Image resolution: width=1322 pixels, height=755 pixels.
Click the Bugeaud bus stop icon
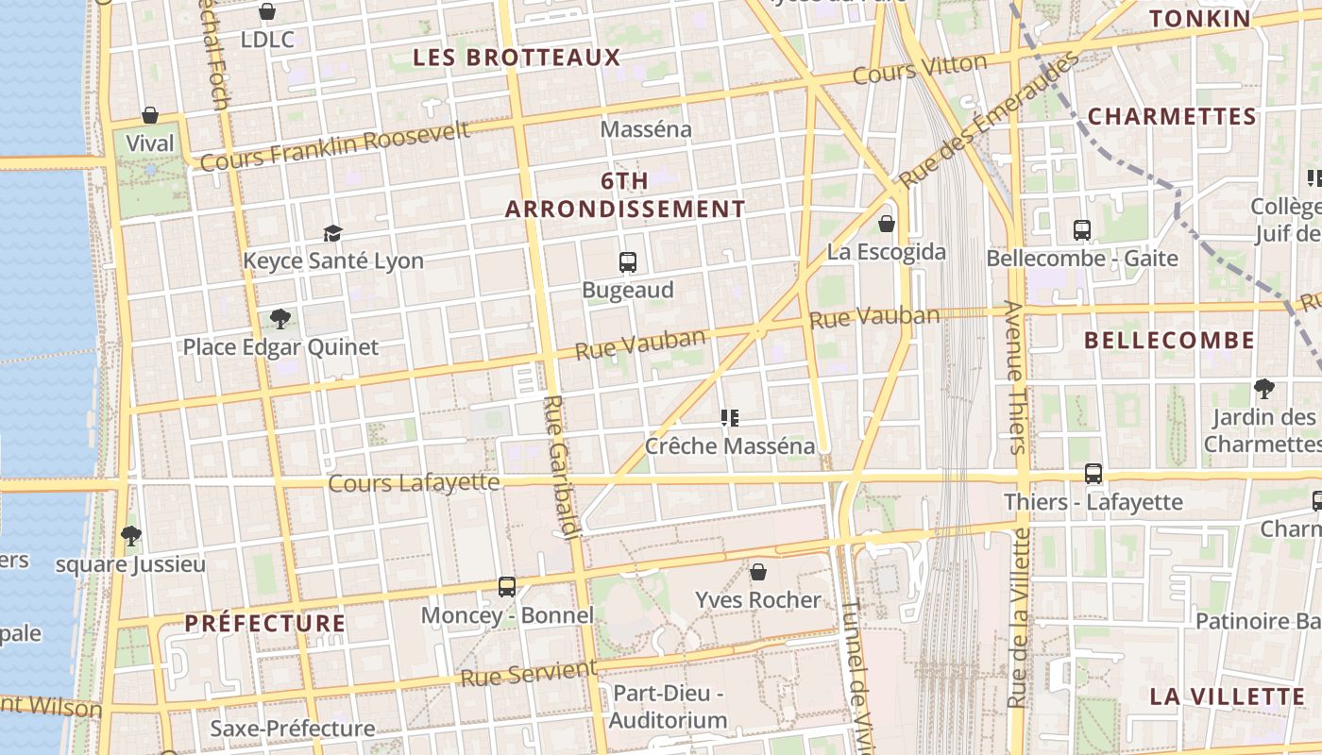[628, 261]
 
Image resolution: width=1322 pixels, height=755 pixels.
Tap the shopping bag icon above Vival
[150, 116]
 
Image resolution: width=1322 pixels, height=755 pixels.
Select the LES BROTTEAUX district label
[517, 58]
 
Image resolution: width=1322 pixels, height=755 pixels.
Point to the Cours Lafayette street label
[414, 483]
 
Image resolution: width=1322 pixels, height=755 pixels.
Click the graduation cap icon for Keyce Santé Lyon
[332, 233]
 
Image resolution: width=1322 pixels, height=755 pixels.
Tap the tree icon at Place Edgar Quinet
[280, 318]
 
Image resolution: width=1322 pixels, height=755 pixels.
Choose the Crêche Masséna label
[729, 445]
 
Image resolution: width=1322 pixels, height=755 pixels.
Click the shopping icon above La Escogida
[886, 224]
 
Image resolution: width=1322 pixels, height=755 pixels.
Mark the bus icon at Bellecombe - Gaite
[1082, 229]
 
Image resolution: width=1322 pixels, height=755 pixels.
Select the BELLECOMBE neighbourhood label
[1169, 341]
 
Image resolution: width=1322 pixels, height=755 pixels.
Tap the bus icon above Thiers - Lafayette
[1093, 474]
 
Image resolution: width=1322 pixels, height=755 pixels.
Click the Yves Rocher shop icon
[757, 572]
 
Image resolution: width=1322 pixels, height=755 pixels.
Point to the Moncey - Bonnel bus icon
[507, 587]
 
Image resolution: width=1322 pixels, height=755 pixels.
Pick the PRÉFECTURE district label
[264, 623]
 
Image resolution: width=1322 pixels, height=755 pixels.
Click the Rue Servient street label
[529, 674]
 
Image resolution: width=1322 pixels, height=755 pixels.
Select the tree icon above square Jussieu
[130, 536]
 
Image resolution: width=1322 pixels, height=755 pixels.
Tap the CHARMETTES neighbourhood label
[1172, 117]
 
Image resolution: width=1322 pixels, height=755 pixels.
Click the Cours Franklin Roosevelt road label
[335, 147]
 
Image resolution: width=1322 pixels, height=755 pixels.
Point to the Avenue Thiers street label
[1015, 377]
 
